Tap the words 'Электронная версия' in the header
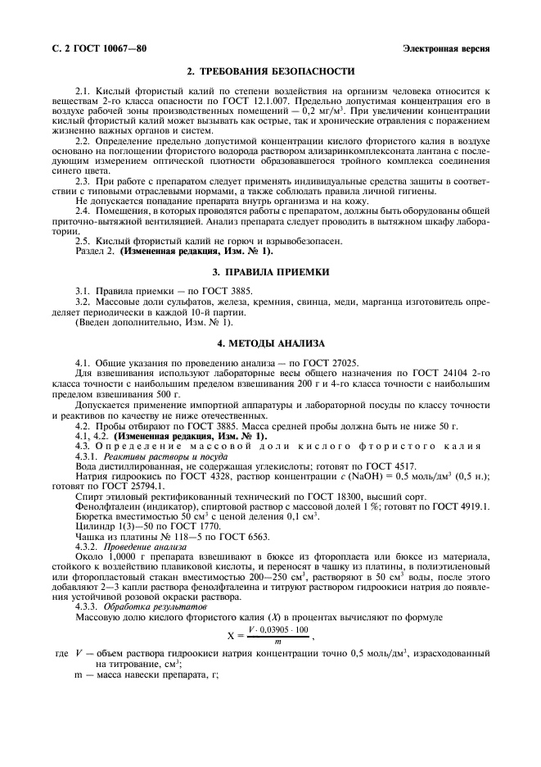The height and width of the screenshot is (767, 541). pos(446,48)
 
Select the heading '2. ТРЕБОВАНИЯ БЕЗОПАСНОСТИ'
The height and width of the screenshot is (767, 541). pos(270,72)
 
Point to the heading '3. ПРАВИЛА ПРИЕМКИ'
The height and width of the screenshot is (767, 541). pos(270,271)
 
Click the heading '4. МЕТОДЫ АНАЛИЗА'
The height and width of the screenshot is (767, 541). pos(270,343)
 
